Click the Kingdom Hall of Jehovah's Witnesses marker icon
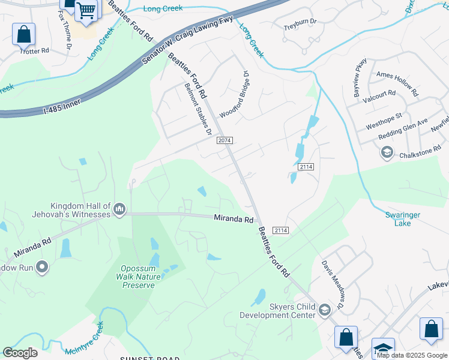[119, 209]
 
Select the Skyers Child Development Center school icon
[325, 310]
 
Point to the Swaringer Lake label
[401, 219]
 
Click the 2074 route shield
[224, 140]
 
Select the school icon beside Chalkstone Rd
[387, 153]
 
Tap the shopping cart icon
[86, 10]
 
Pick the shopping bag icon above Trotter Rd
[24, 34]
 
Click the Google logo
[20, 353]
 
